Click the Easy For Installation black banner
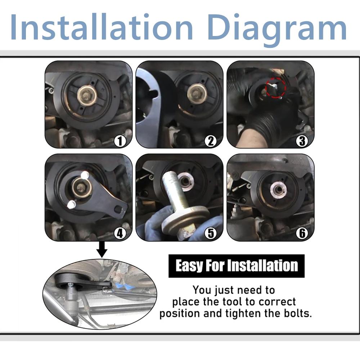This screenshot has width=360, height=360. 237,266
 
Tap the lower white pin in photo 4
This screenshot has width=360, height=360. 70,204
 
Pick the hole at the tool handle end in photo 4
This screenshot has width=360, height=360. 117,209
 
